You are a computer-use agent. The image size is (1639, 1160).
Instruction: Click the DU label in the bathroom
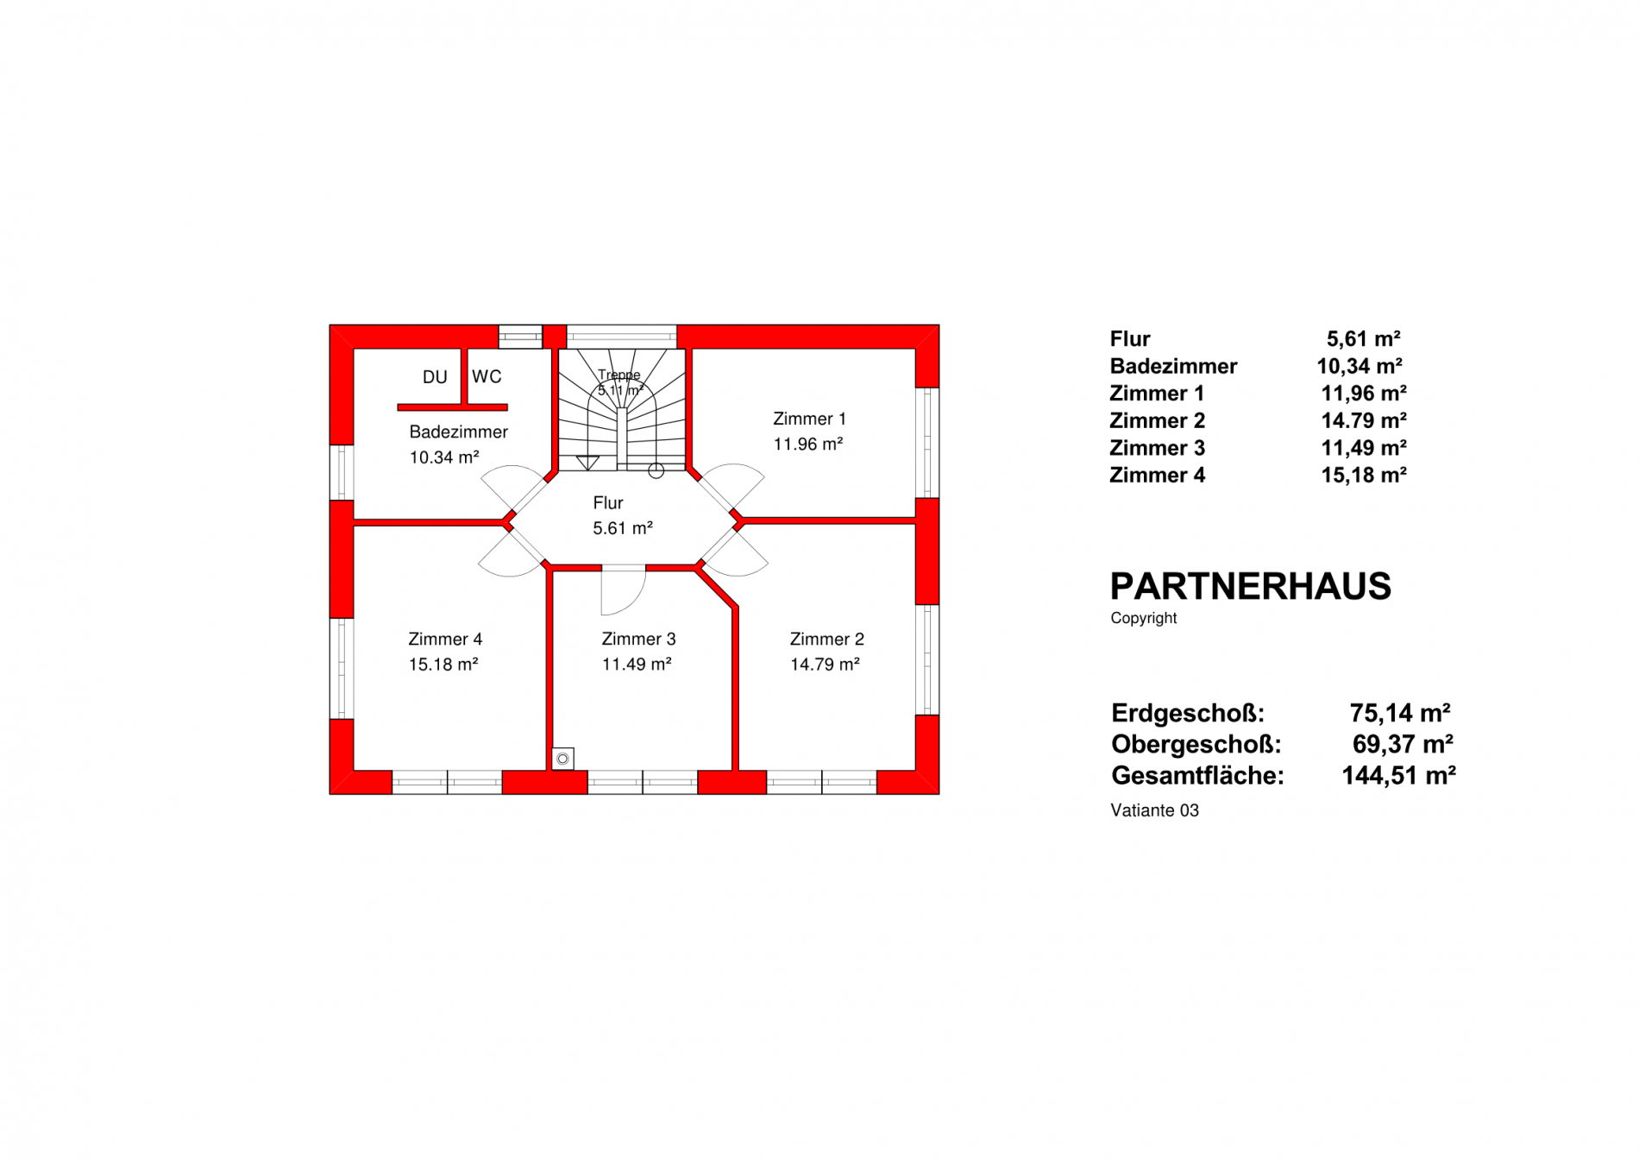435,377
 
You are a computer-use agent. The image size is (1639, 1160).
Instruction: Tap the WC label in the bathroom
487,376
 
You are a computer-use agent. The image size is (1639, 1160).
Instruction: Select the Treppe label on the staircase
619,375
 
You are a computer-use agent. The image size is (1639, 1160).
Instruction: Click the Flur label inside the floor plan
608,502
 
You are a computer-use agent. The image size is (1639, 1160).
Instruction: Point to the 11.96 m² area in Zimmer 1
807,444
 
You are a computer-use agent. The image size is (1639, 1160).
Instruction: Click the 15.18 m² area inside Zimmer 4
443,664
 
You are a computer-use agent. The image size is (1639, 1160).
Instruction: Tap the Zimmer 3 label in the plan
638,639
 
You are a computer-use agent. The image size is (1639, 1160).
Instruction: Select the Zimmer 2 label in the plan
826,639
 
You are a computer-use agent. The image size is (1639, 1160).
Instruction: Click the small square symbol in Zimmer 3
563,759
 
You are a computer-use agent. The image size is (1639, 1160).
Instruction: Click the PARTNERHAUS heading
1250,587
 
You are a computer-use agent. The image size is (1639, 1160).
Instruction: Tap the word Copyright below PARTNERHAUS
1144,618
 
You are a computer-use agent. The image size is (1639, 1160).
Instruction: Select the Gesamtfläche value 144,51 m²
1398,775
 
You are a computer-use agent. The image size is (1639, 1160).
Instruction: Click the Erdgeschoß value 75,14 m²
1400,713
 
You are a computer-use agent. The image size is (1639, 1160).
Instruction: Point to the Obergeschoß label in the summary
1196,744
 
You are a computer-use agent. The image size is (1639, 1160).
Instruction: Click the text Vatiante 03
1155,810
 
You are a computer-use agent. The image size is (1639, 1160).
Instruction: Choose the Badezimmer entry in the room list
1173,366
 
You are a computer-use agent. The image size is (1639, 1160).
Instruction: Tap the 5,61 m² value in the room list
1363,338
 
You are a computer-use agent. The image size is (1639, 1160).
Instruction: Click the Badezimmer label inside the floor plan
458,432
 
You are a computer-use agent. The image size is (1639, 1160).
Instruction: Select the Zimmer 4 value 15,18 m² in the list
1364,475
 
